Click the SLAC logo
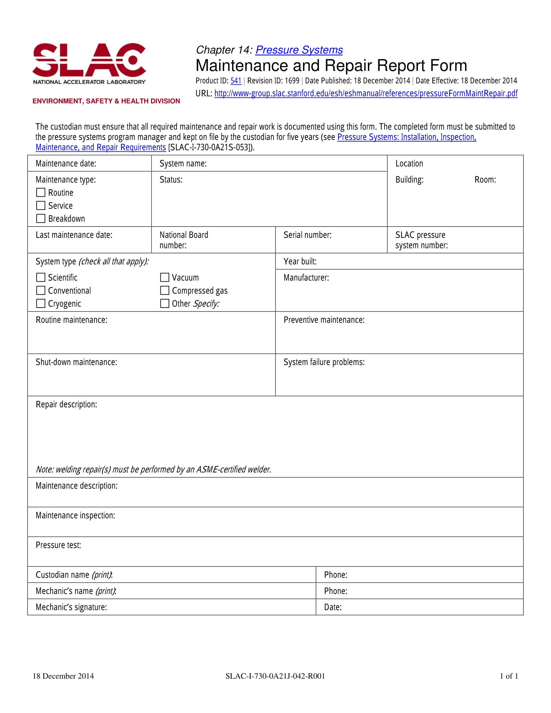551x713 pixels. click(x=89, y=63)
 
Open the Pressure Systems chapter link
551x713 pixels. click(x=299, y=50)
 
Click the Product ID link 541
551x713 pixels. click(x=236, y=81)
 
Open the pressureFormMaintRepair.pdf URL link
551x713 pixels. click(x=366, y=94)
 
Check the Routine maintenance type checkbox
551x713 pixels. click(x=41, y=193)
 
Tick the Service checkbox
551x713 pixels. click(x=41, y=206)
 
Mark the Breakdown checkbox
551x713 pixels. click(x=41, y=219)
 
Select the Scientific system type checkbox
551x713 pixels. click(x=41, y=277)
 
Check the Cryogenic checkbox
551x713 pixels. click(x=41, y=304)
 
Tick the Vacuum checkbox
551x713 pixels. click(x=165, y=277)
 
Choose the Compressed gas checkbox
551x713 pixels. click(x=165, y=291)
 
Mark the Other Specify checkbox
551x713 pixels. click(x=165, y=304)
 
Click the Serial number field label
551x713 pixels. click(x=307, y=235)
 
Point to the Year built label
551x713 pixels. click(x=300, y=262)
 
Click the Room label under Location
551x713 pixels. click(x=485, y=180)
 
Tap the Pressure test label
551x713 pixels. click(x=58, y=545)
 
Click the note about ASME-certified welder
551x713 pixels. click(x=153, y=470)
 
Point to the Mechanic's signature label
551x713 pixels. click(x=71, y=607)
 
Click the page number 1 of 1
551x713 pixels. click(x=509, y=676)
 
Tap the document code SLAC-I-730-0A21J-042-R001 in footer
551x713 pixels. click(x=275, y=676)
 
